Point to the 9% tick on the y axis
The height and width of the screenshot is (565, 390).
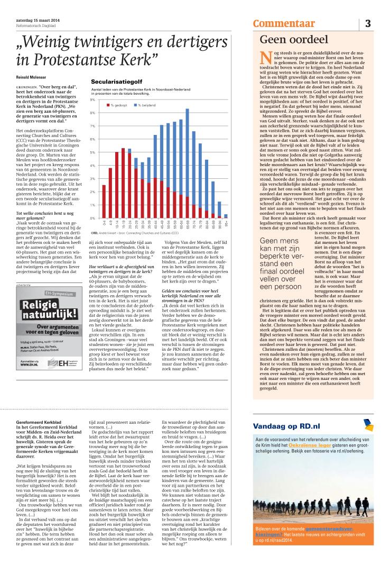(x=93, y=100)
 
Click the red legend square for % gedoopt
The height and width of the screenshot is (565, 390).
(x=107, y=106)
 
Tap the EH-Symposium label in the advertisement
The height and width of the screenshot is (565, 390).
(x=52, y=294)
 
